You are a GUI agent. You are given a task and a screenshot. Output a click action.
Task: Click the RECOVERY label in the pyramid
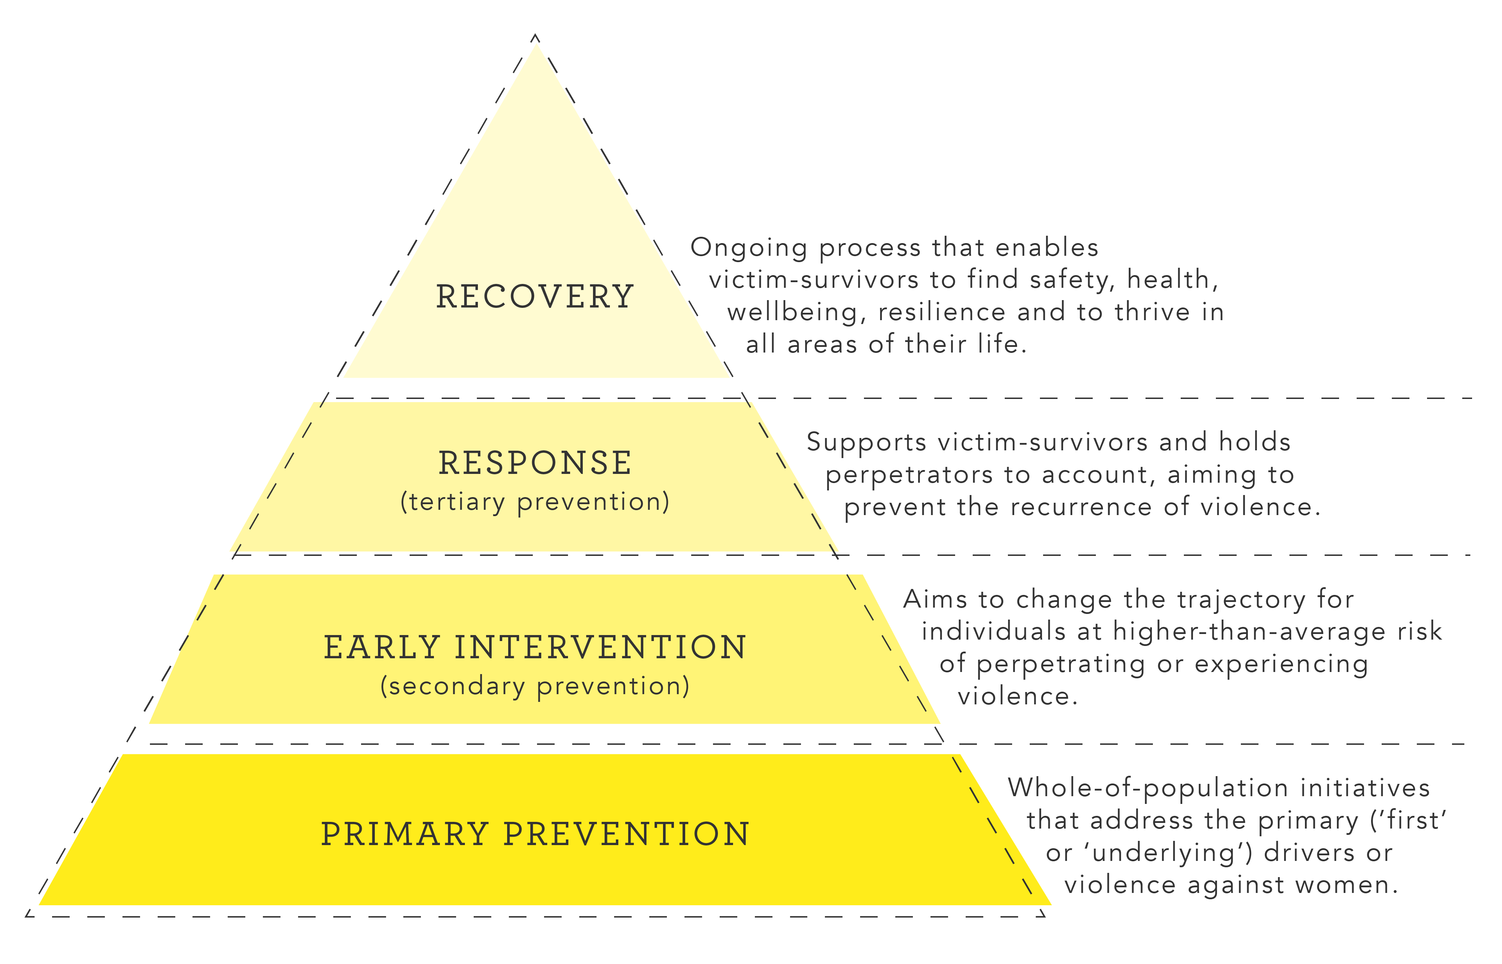tap(535, 297)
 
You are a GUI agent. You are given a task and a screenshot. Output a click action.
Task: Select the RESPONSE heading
tap(535, 463)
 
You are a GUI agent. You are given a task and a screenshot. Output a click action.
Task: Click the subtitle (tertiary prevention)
tap(535, 502)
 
